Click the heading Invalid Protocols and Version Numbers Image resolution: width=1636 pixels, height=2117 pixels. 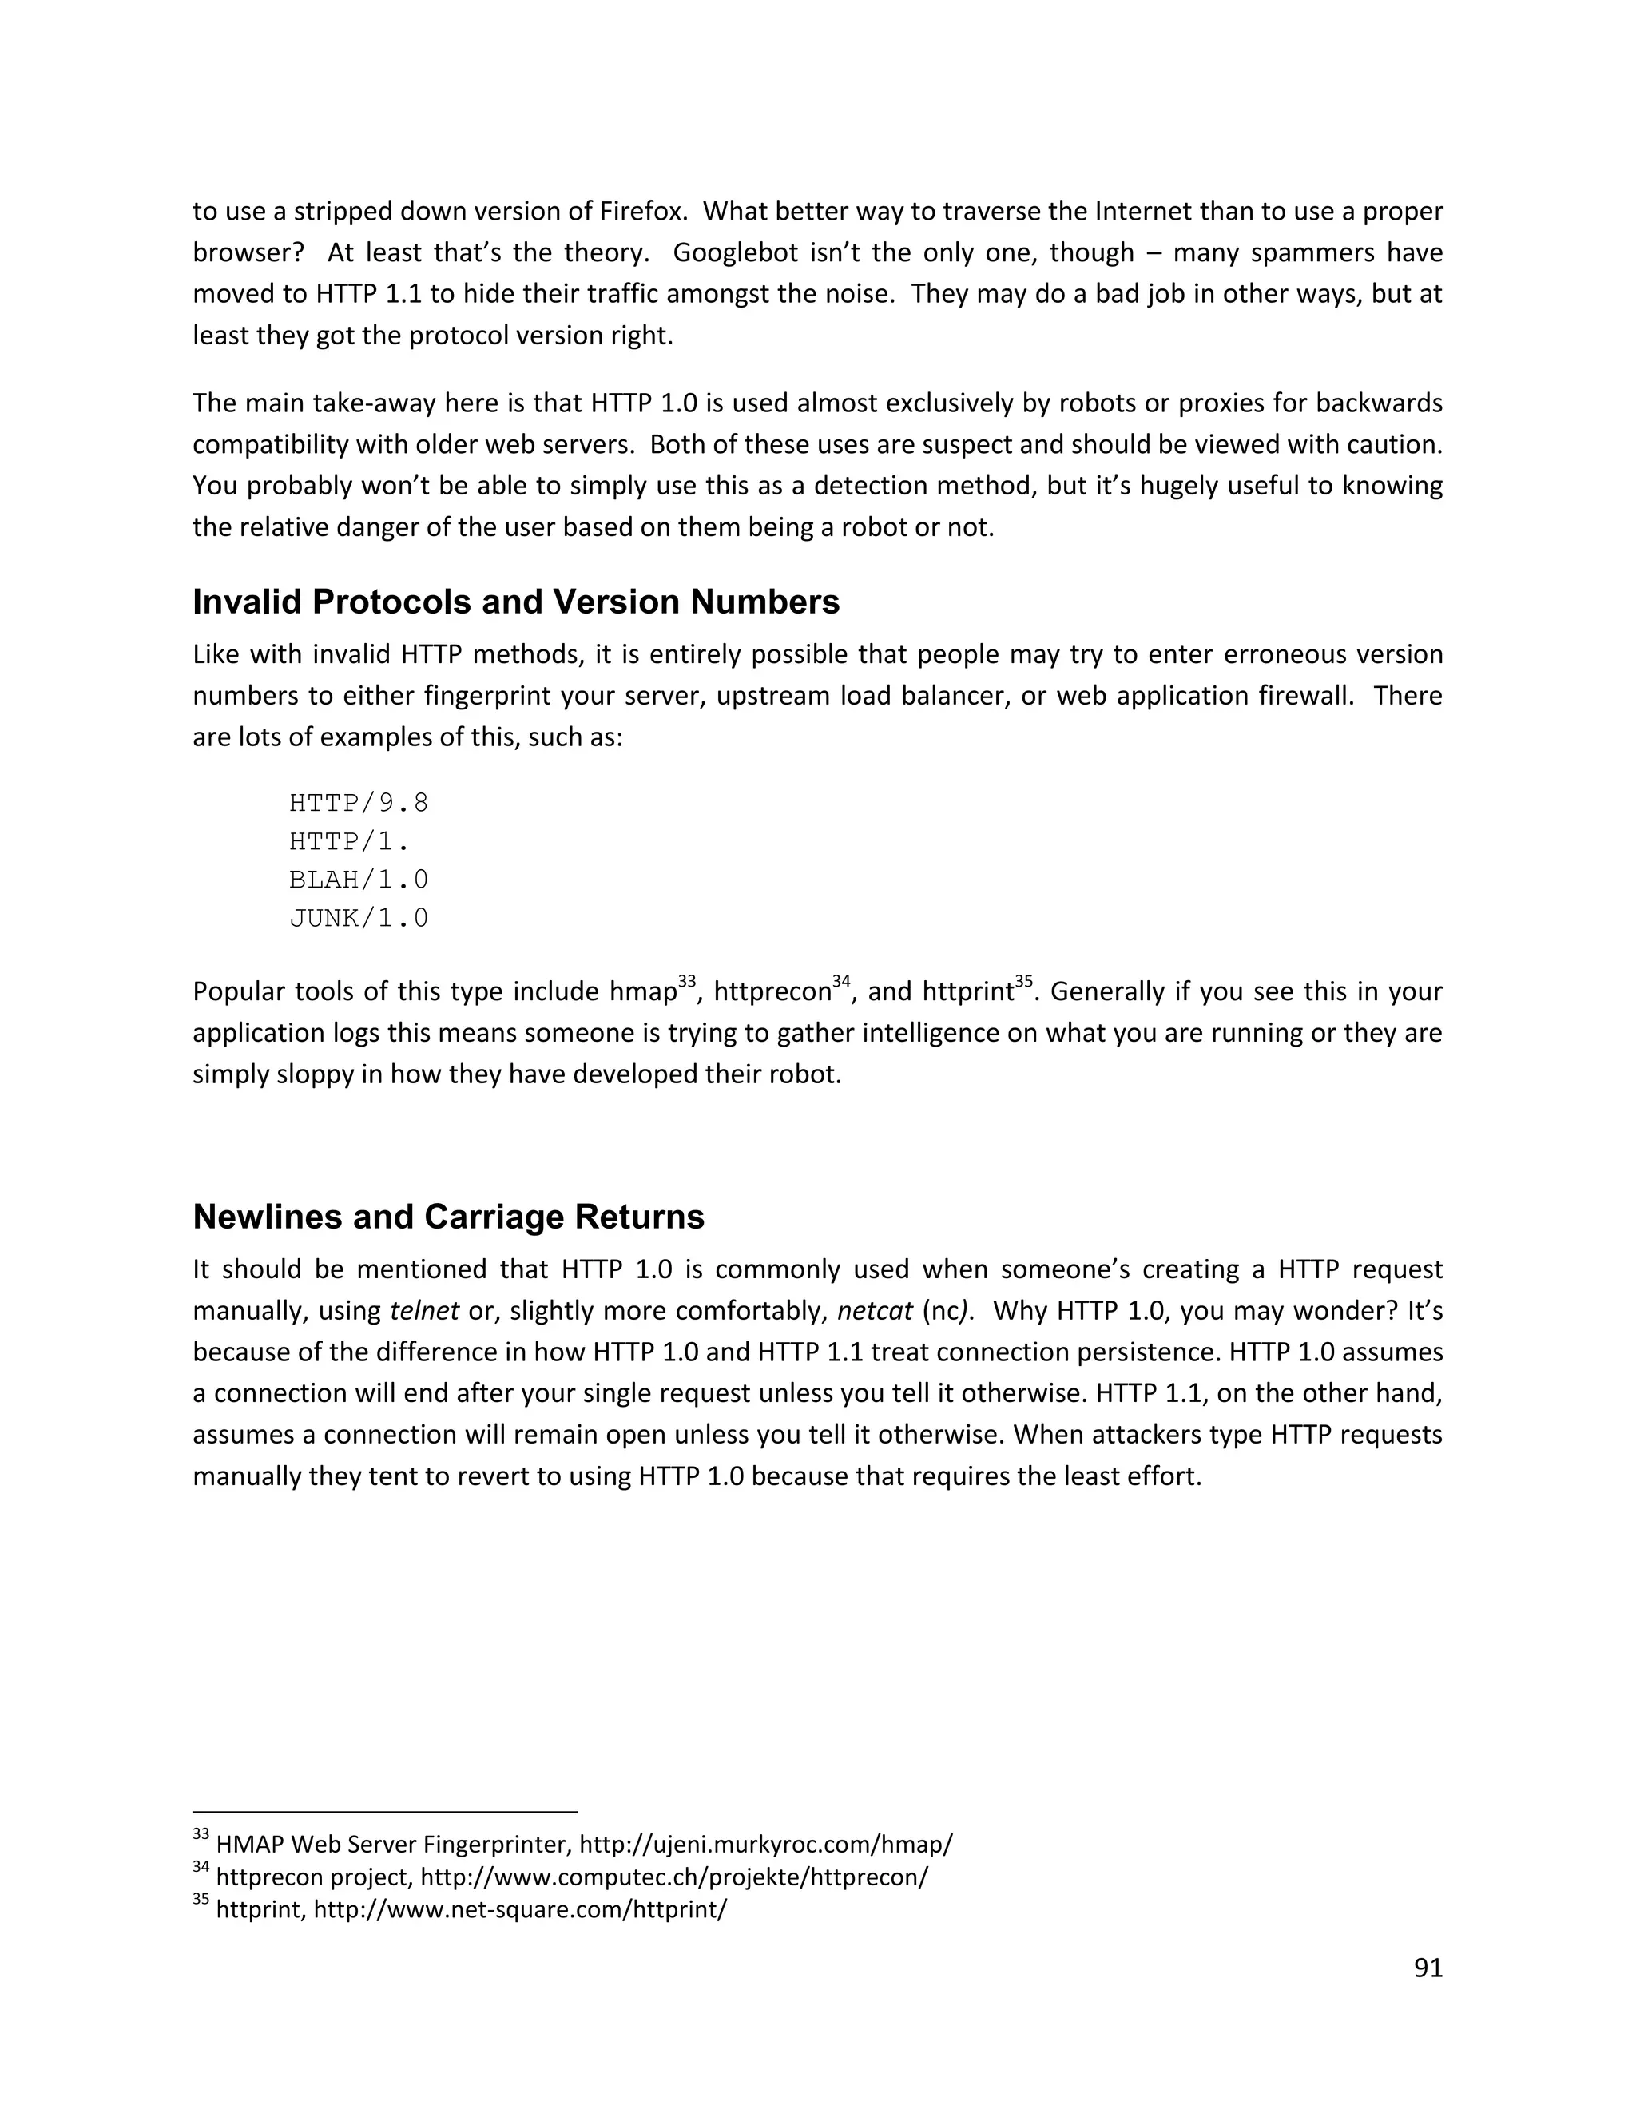pos(515,602)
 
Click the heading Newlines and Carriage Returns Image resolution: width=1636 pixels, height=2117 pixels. pos(448,1217)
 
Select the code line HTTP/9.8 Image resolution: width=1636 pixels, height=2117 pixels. pos(359,803)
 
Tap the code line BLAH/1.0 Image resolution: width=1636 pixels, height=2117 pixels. pos(359,880)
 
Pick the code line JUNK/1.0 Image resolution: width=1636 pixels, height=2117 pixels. pos(359,918)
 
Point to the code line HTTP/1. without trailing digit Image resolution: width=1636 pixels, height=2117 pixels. pos(349,840)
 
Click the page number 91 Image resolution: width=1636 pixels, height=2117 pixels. pos(1428,1967)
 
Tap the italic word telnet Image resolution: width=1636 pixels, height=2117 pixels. pos(424,1312)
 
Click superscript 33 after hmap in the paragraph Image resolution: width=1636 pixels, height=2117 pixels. pos(687,981)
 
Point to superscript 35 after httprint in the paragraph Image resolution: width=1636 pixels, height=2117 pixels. pos(1024,981)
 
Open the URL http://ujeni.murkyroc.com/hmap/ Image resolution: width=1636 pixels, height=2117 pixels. pos(765,1843)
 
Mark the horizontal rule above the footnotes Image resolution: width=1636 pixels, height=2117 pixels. pos(385,1811)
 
